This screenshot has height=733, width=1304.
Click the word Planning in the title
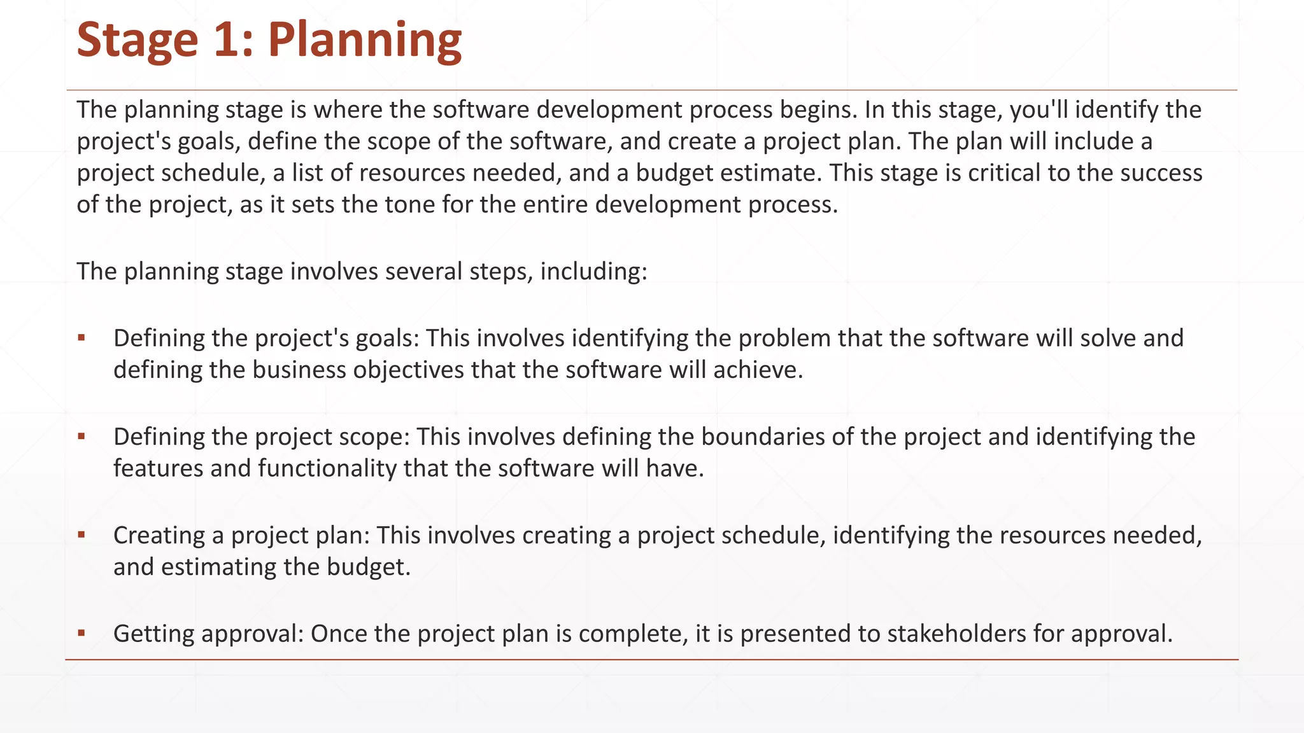point(364,41)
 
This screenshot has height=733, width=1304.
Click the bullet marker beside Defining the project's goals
point(81,338)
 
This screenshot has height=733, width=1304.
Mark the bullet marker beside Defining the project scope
point(81,436)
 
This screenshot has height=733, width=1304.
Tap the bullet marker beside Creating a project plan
point(81,535)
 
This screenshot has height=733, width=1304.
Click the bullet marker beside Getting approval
point(81,634)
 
